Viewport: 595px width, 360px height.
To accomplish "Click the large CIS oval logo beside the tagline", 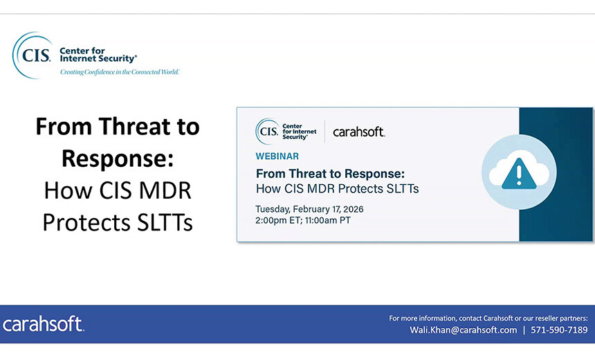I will [33, 54].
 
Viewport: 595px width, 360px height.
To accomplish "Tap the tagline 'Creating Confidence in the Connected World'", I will [119, 72].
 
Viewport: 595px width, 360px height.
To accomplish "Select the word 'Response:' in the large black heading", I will [117, 159].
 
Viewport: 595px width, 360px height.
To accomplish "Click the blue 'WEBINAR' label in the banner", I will [277, 156].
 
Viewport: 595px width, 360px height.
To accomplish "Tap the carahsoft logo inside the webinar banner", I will [358, 132].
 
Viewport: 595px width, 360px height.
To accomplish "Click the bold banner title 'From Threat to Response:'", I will [330, 174].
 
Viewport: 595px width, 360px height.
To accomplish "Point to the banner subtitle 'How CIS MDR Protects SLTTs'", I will [337, 188].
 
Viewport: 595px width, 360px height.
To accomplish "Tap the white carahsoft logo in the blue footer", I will [43, 324].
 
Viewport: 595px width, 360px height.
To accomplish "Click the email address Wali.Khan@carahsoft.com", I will [463, 330].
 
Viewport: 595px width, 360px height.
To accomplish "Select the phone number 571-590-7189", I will [559, 330].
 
